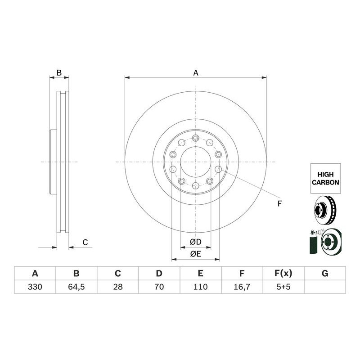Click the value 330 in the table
(x=35, y=287)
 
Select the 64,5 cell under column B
(x=76, y=287)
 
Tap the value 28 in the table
(x=117, y=287)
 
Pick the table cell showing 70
(x=159, y=287)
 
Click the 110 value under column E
(x=200, y=287)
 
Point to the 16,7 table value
(x=242, y=287)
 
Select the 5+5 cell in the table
(x=283, y=287)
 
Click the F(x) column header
(x=283, y=274)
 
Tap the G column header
(x=325, y=274)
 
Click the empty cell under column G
(x=325, y=287)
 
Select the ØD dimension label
(x=195, y=242)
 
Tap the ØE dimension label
(x=195, y=254)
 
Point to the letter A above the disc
(x=195, y=72)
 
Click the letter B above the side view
(x=58, y=72)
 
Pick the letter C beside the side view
(x=85, y=243)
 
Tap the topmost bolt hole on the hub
(x=195, y=138)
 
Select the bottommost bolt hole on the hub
(x=195, y=185)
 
